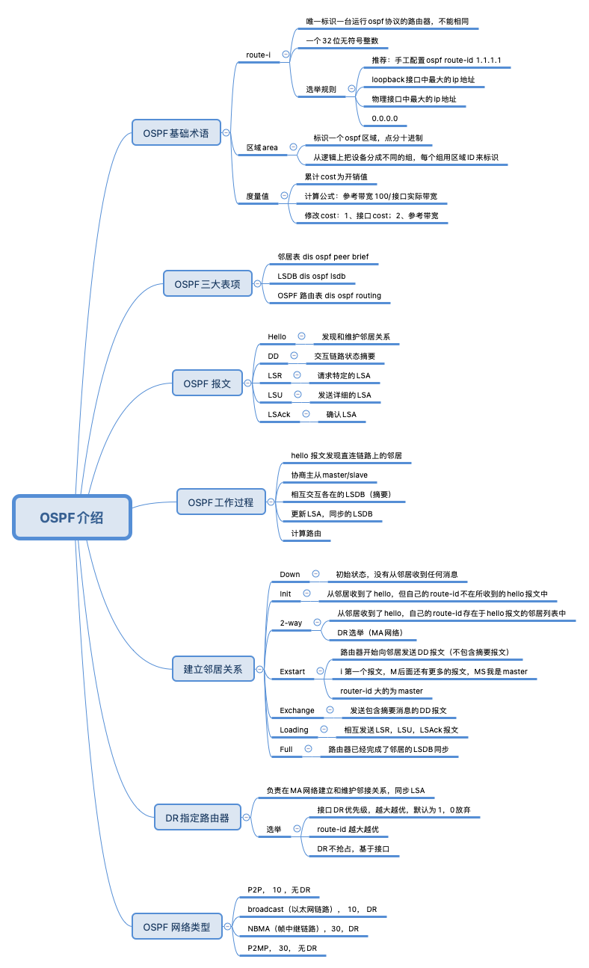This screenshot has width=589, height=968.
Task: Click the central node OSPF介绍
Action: tap(72, 517)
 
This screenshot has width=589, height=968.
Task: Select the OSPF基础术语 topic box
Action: tap(176, 134)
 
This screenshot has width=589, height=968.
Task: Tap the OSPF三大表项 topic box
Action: tap(208, 284)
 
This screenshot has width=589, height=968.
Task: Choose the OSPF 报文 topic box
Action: tap(207, 384)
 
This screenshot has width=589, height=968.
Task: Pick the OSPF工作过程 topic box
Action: tap(221, 502)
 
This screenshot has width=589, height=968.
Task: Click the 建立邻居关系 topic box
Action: tap(213, 669)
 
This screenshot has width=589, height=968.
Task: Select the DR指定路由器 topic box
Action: tap(197, 818)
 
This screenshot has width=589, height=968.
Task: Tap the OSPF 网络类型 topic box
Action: tap(176, 928)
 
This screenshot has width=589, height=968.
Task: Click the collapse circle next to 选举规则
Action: tap(351, 89)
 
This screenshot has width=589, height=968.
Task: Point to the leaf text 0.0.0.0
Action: tap(385, 118)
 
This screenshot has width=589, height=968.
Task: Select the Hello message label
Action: tap(277, 337)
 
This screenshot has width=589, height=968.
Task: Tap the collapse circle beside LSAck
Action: tap(306, 414)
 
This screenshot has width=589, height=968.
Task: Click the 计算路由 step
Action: tap(306, 533)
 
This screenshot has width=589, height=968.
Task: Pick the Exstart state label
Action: tap(292, 671)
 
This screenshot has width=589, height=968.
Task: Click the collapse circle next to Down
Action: tap(315, 574)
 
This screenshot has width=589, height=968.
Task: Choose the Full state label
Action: tap(286, 749)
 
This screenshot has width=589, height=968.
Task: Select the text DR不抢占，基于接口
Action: tap(354, 849)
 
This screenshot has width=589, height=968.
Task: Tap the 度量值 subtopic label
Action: tap(258, 196)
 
